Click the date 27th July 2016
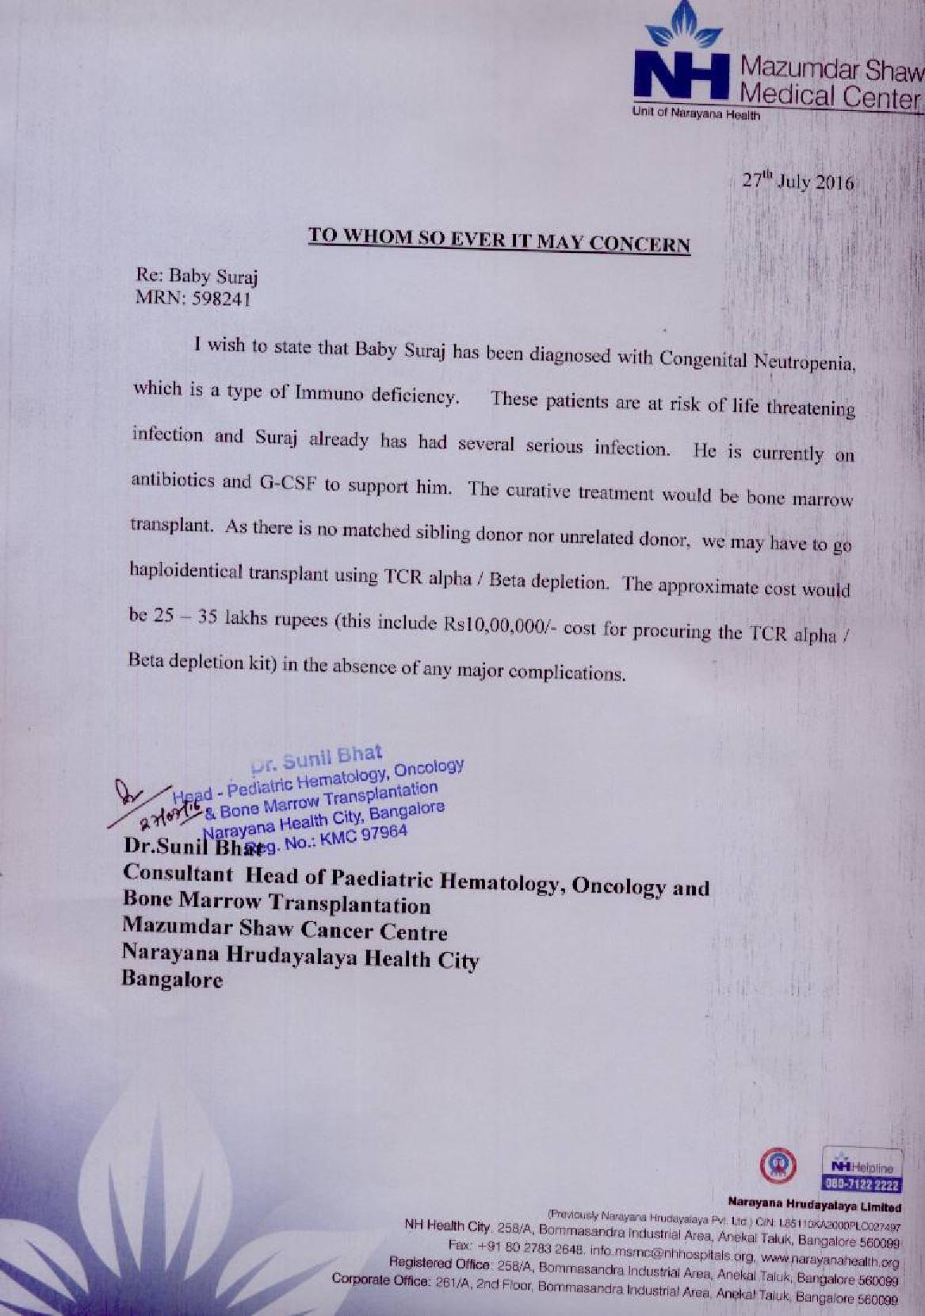797,182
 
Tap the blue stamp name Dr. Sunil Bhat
316,756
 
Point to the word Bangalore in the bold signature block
172,980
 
